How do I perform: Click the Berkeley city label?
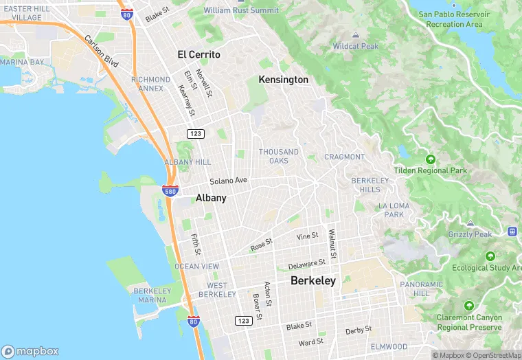[x=313, y=280]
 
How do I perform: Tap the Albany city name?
[x=211, y=197]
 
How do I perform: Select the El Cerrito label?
[x=198, y=54]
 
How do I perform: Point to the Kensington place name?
[x=283, y=80]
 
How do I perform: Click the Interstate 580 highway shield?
[x=171, y=190]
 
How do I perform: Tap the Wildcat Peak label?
[x=355, y=46]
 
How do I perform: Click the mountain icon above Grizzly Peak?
[x=470, y=223]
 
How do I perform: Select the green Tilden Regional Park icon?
[x=431, y=159]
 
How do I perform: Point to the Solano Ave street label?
[x=228, y=181]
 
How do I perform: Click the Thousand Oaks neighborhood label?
[x=279, y=156]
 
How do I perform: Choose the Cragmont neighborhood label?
[x=344, y=157]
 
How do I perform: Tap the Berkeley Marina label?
[x=151, y=295]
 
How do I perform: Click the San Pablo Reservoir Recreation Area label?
[x=454, y=19]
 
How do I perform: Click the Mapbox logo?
[x=30, y=350]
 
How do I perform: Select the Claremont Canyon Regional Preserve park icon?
[x=469, y=305]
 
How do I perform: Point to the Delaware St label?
[x=306, y=264]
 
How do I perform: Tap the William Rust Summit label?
[x=241, y=10]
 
